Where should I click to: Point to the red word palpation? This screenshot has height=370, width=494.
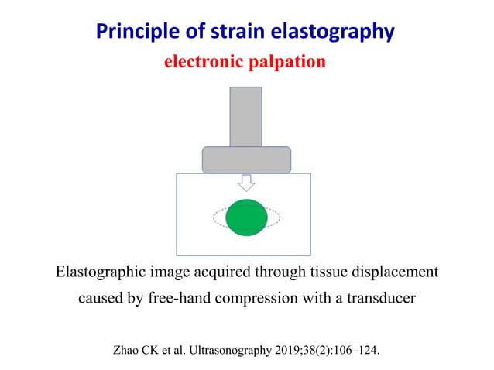point(286,62)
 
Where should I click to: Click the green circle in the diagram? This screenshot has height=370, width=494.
point(247,218)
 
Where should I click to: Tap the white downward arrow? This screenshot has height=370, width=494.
point(246,183)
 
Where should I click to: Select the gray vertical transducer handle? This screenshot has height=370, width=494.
point(246,116)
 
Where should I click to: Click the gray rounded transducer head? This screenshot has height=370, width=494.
point(246,159)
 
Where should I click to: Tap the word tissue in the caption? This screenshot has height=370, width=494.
point(324,272)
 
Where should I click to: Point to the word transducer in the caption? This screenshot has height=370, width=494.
point(379,298)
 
